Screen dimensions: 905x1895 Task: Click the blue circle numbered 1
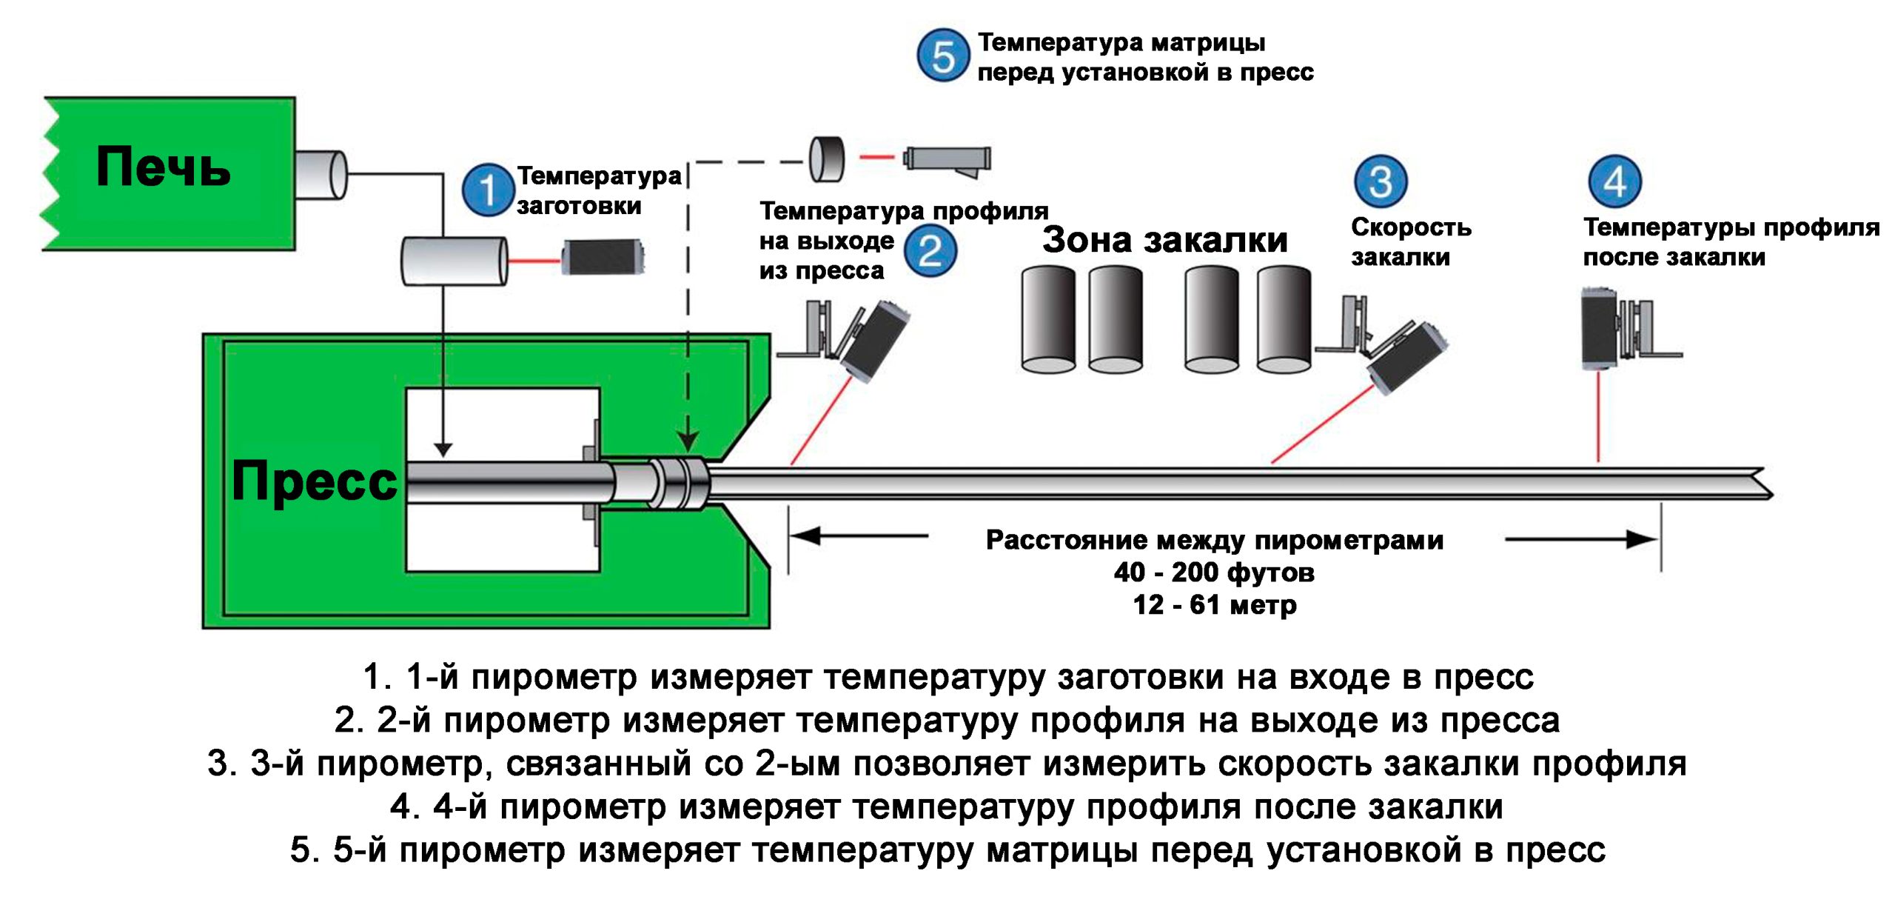click(x=488, y=190)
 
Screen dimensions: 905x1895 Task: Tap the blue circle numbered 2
click(x=930, y=251)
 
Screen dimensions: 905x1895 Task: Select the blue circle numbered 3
click(x=1381, y=181)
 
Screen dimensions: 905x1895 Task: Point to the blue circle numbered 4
click(x=1614, y=181)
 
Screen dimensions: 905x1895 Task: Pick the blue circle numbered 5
click(x=943, y=56)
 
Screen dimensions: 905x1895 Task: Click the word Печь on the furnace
click(x=163, y=167)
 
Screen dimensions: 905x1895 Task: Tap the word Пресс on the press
click(x=314, y=481)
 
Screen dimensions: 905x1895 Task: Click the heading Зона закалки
click(x=1164, y=240)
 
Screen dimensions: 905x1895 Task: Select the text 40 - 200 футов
click(x=1214, y=572)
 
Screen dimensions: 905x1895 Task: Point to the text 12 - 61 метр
click(x=1214, y=605)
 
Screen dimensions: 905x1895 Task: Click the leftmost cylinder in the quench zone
click(x=1048, y=320)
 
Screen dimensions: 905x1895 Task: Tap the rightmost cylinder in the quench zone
click(x=1284, y=320)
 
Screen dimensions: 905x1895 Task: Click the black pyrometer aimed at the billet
click(x=603, y=257)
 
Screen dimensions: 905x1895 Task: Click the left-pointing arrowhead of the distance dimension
click(x=804, y=535)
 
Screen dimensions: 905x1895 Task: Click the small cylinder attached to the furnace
click(x=321, y=175)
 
